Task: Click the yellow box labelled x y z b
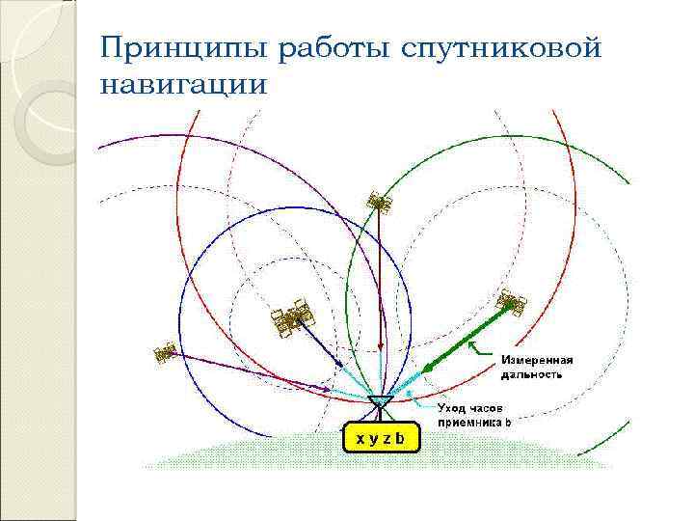tap(382, 438)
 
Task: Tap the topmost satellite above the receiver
tap(378, 204)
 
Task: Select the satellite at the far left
tap(165, 353)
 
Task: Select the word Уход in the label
tap(455, 409)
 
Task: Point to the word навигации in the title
tap(182, 85)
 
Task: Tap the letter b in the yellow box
tap(403, 439)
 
